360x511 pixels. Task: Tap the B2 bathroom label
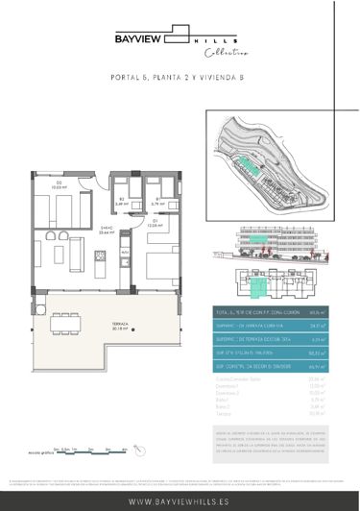(121, 200)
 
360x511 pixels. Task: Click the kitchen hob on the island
(101, 257)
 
